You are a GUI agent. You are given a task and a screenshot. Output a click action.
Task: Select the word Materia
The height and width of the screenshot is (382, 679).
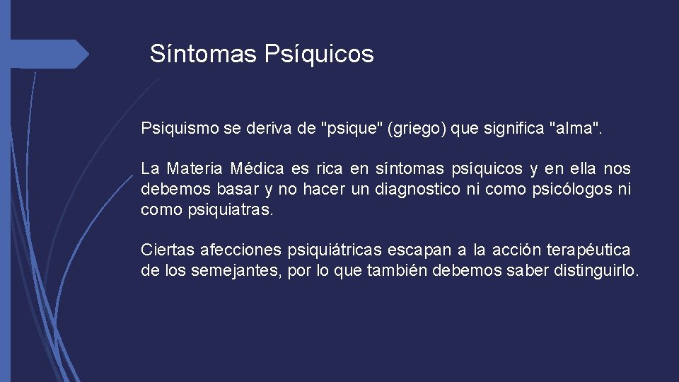pyautogui.click(x=195, y=169)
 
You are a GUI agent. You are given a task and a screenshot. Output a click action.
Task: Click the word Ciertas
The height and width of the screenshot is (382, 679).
pyautogui.click(x=168, y=250)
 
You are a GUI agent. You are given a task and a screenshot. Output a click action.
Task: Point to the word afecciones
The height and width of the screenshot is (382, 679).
pyautogui.click(x=240, y=250)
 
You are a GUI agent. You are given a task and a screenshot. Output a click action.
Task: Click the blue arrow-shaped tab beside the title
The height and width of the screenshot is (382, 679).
pyautogui.click(x=50, y=53)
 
